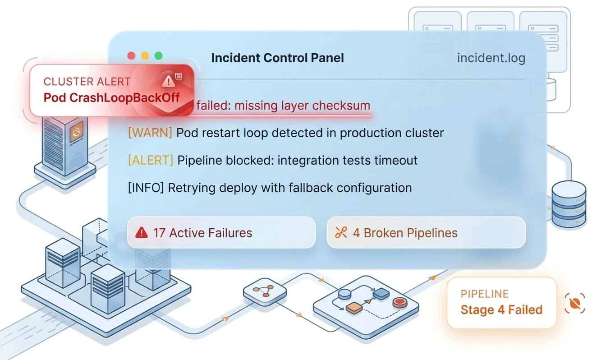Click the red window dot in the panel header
(132, 56)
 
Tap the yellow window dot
(145, 56)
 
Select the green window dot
(158, 56)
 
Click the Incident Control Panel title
(277, 58)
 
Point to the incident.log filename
(491, 58)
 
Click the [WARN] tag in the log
(150, 133)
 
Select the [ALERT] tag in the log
(151, 160)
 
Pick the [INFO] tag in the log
(146, 188)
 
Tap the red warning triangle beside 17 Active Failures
(142, 232)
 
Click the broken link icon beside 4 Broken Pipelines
(341, 232)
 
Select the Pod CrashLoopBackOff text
(111, 97)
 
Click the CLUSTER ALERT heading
(87, 82)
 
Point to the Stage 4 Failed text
(501, 310)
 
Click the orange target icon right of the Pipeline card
(575, 303)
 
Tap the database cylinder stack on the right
(569, 204)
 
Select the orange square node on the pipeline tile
(354, 308)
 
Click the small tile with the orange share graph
(265, 293)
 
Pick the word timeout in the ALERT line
(395, 160)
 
